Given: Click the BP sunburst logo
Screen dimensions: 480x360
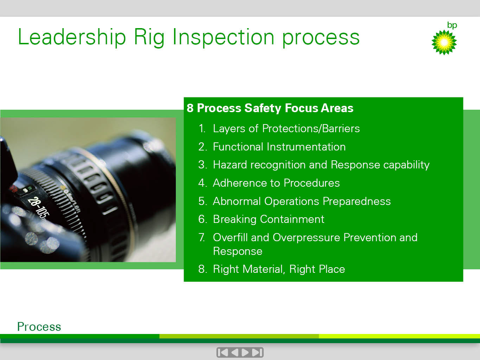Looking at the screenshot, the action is click(444, 43).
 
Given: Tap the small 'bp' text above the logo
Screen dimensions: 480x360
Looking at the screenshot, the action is click(452, 25).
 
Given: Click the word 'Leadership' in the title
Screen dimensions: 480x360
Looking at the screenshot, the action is click(72, 38).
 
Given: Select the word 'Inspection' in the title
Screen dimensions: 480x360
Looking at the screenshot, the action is click(223, 38).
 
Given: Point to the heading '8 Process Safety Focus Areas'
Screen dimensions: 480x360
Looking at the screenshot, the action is click(270, 108).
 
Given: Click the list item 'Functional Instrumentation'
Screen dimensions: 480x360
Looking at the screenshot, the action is click(279, 147).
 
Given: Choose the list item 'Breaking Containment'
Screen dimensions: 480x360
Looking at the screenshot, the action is click(269, 219).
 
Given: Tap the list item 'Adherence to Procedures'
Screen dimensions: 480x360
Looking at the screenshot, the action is click(276, 183).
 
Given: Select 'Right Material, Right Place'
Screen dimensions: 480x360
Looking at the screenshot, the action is click(279, 269).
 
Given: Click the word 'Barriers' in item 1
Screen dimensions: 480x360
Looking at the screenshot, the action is click(341, 129).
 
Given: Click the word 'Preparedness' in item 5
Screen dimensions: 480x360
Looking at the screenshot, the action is click(357, 201).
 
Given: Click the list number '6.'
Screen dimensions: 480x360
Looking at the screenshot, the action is click(203, 219).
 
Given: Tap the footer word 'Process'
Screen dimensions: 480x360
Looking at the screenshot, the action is click(39, 327).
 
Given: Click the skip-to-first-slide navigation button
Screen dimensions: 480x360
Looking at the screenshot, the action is click(223, 352).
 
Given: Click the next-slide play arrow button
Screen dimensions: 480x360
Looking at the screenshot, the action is click(245, 352).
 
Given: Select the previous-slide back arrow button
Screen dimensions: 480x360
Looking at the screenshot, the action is click(235, 352).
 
